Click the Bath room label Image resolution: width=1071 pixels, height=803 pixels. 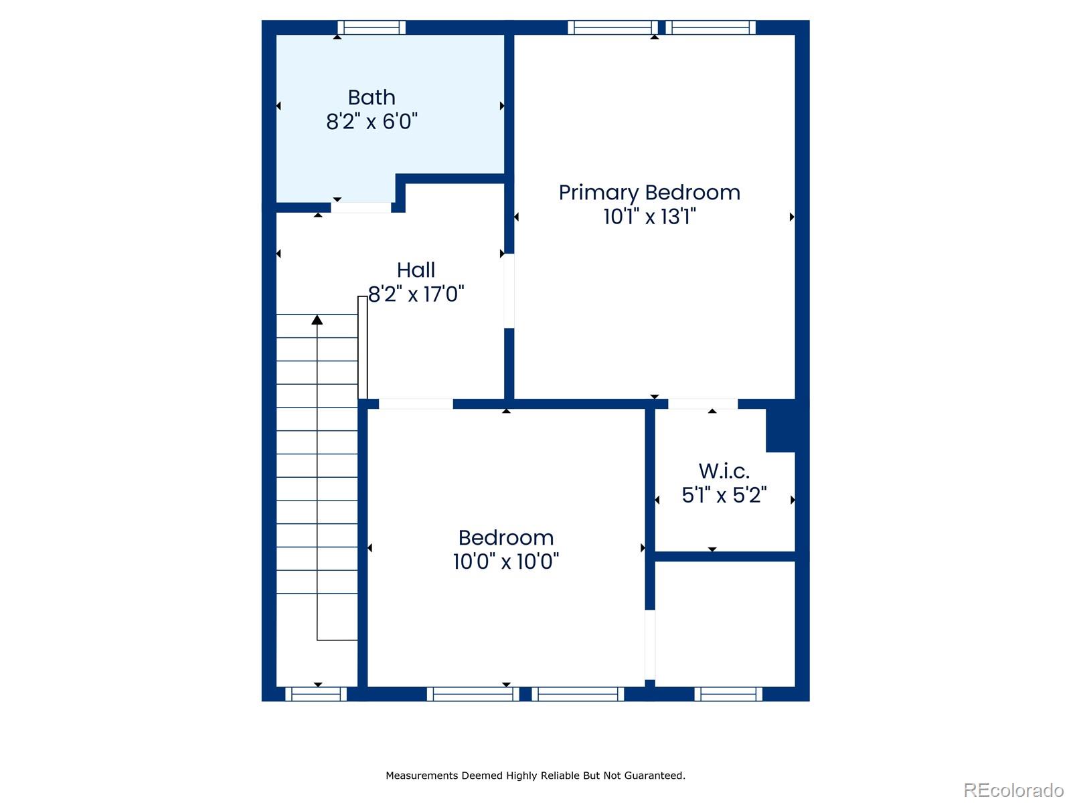point(372,98)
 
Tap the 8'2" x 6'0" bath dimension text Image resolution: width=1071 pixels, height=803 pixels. point(372,121)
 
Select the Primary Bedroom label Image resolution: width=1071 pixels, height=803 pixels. point(649,193)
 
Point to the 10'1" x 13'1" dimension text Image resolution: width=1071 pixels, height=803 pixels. point(649,216)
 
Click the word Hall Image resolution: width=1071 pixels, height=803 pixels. point(416,270)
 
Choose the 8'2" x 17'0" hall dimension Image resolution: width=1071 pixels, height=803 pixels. point(416,294)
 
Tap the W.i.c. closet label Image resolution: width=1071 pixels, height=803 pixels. point(724,471)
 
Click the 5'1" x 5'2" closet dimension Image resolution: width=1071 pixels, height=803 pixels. point(724,495)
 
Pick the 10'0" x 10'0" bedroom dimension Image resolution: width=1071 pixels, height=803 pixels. point(506,561)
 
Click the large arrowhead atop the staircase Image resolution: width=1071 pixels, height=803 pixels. point(317,320)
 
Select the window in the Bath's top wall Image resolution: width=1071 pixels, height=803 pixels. point(372,27)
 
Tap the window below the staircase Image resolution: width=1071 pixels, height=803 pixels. point(316,694)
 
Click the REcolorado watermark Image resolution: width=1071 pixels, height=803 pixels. point(1013,790)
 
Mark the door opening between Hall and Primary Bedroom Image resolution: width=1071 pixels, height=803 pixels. point(509,291)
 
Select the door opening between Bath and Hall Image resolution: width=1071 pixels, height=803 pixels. point(361,207)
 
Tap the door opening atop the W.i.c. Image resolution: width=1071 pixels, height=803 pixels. point(703,404)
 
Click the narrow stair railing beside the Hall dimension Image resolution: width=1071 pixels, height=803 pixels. point(363,347)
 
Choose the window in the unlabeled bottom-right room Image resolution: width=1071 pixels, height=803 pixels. point(728,694)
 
